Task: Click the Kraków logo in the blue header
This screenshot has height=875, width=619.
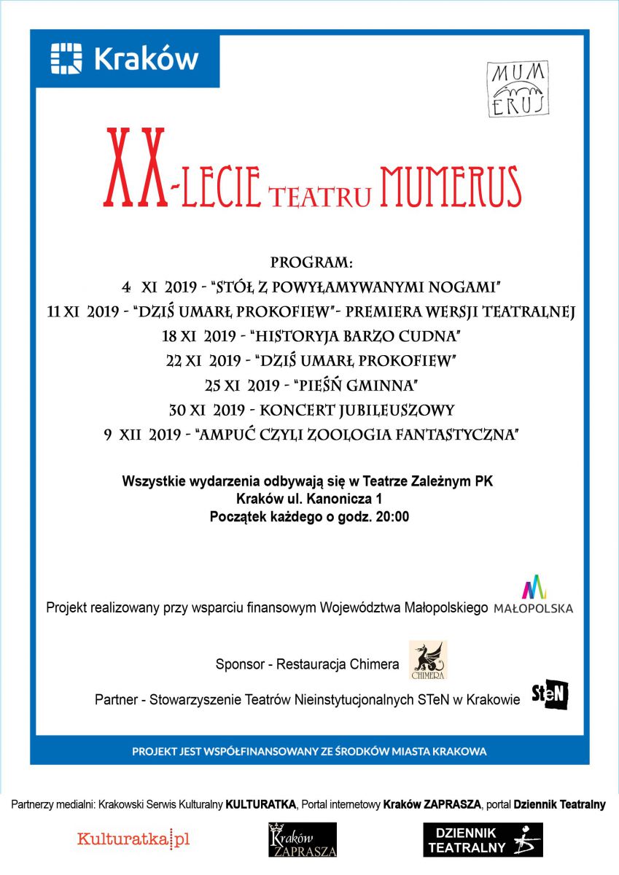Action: [125, 58]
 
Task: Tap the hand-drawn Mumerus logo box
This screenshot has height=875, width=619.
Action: [517, 89]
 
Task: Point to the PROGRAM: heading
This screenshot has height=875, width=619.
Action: [311, 262]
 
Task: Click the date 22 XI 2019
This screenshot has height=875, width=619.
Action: [205, 360]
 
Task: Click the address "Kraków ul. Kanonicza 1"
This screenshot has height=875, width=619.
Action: [309, 499]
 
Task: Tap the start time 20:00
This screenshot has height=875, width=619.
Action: [392, 517]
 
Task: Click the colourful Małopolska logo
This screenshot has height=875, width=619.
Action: [534, 595]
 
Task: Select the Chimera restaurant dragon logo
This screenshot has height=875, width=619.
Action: [428, 660]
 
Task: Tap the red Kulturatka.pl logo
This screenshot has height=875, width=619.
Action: [133, 839]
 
